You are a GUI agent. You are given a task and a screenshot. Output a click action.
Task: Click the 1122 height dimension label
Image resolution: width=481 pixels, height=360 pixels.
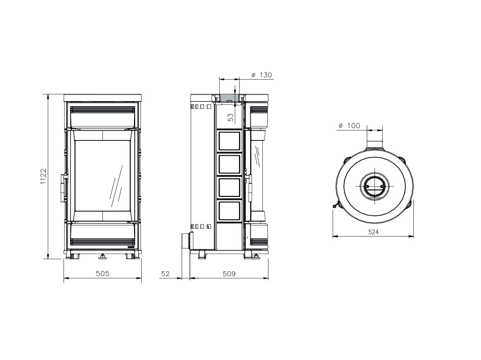coord(44,176)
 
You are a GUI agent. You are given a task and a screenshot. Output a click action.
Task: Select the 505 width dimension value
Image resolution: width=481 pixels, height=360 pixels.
coord(103,274)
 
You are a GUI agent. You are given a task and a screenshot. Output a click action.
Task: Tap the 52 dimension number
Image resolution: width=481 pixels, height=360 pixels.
coord(165,274)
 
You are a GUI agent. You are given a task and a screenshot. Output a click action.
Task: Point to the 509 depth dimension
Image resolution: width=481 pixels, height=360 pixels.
coord(229,274)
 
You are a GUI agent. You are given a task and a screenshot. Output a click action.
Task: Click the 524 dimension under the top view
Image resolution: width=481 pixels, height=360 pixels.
coord(373,232)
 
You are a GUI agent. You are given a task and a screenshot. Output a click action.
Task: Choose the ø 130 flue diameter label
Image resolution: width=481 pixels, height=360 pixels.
coord(262,75)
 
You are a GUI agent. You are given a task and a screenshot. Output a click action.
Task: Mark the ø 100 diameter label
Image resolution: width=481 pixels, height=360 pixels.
coord(349,126)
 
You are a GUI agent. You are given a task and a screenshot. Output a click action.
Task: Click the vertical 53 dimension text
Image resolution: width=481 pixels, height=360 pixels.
coord(231,117)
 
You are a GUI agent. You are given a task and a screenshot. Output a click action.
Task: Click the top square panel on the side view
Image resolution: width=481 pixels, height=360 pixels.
coord(230,141)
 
